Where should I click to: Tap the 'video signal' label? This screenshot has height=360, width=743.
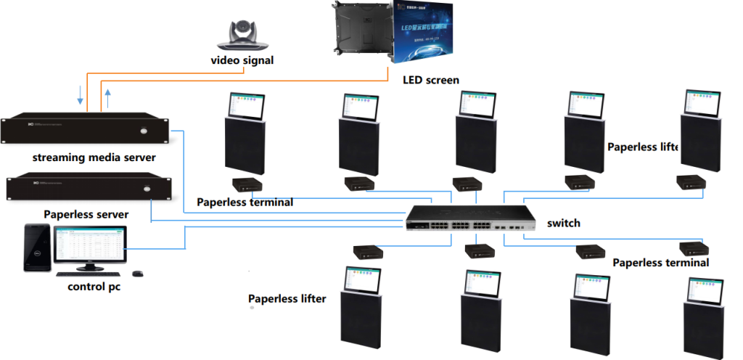click(242, 61)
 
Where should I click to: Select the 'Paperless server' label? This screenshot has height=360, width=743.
click(86, 214)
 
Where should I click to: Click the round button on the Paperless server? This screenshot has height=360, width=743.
click(147, 190)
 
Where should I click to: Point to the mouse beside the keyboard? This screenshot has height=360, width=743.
click(136, 274)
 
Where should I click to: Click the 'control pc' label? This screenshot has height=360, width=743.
click(92, 287)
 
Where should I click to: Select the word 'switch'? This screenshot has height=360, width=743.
click(564, 223)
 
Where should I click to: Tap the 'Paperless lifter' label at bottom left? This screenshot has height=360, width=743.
click(287, 298)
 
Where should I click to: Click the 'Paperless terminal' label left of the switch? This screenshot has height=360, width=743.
click(245, 202)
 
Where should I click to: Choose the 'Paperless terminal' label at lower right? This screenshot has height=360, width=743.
click(660, 262)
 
